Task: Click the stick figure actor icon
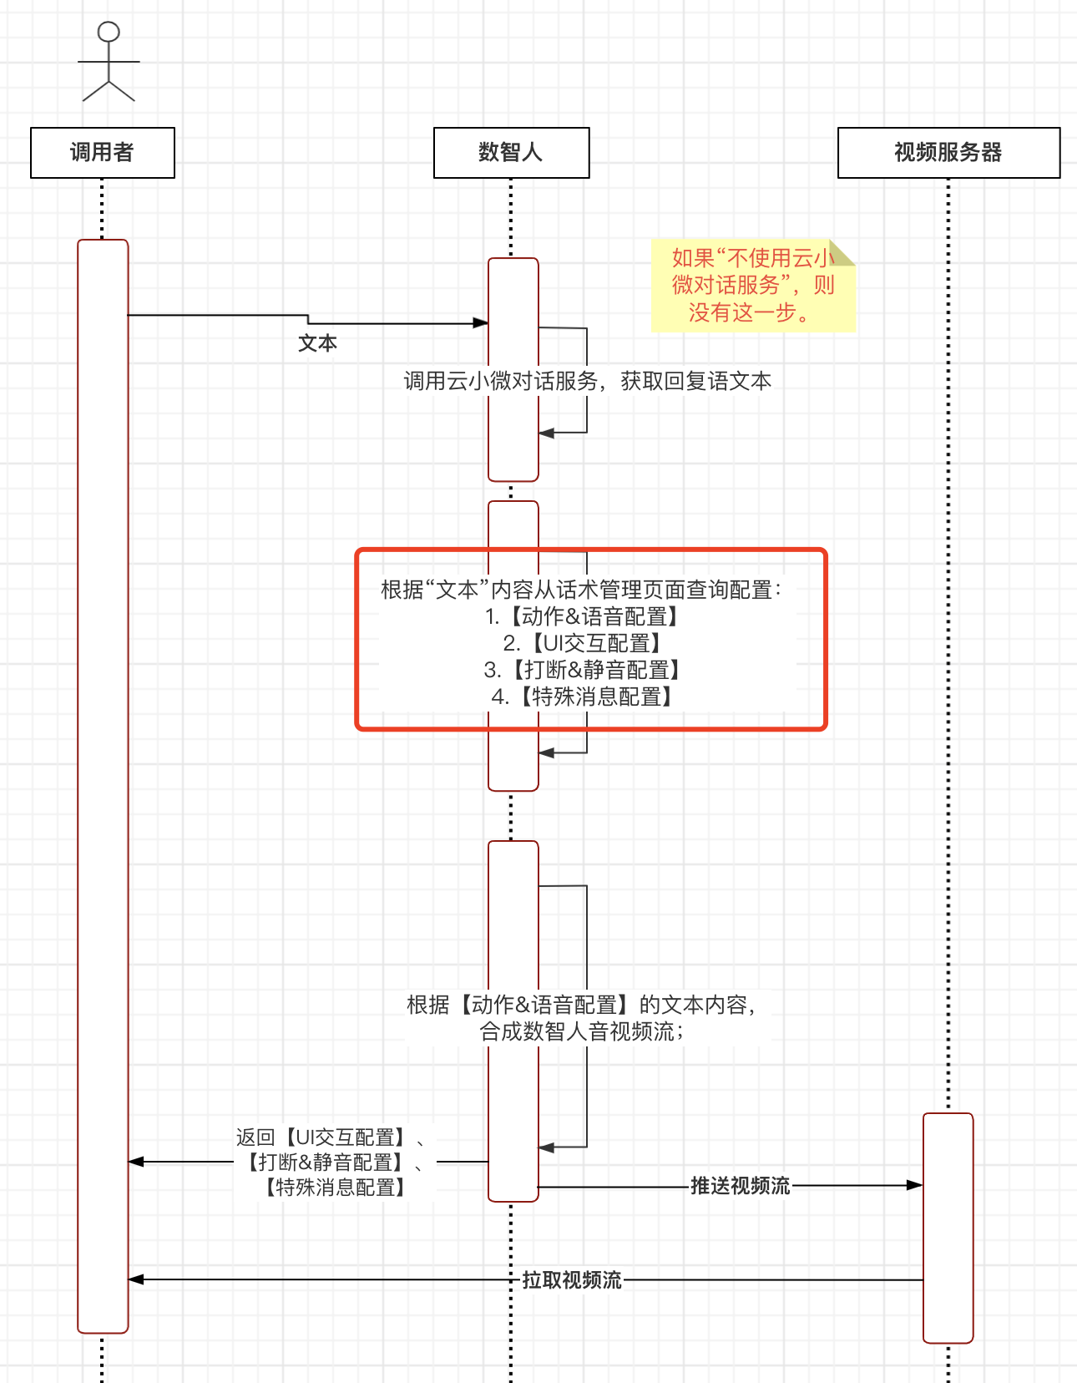[109, 63]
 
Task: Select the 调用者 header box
[103, 153]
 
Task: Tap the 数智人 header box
[511, 153]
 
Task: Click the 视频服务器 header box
[948, 153]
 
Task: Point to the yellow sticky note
[752, 286]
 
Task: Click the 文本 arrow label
[318, 343]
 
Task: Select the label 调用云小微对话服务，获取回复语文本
[587, 382]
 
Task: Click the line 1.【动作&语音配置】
[583, 616]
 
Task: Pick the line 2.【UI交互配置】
[583, 643]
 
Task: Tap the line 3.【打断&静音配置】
[583, 670]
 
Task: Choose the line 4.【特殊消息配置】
[583, 697]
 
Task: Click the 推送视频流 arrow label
[740, 1186]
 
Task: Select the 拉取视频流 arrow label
[572, 1280]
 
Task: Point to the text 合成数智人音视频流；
[581, 1032]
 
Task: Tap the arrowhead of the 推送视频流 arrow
[916, 1185]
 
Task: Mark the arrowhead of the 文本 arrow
[481, 323]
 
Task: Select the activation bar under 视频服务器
[948, 1228]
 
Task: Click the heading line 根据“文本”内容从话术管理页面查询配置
[581, 590]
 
